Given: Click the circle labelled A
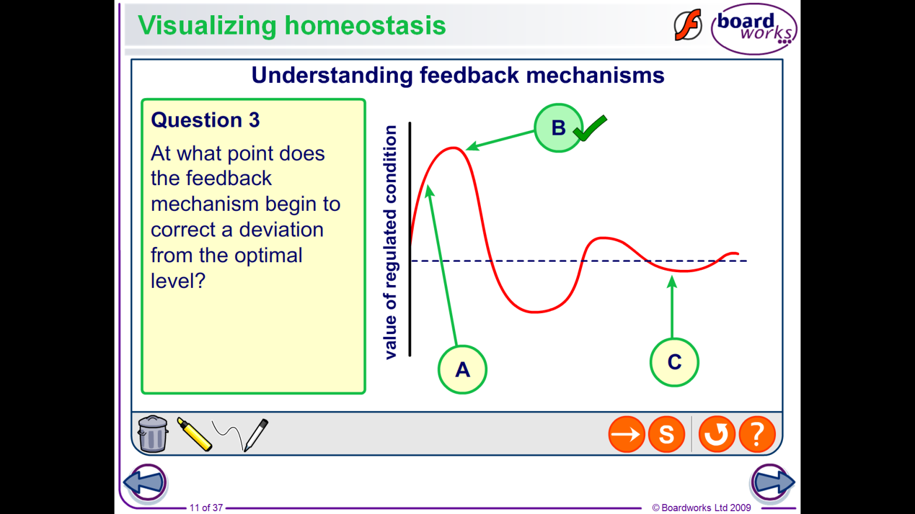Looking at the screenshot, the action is coord(462,370).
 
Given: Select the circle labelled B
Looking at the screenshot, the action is coord(558,128).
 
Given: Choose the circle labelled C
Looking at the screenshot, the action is coord(674,362).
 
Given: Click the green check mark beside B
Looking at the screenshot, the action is coord(590,128).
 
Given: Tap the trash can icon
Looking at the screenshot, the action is coord(152,433).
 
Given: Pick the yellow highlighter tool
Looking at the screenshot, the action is coord(195,434).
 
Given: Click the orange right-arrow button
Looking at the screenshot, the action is coord(626,434).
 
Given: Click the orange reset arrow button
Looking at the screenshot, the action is coord(716,434).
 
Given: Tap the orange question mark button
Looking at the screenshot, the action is coord(757,434).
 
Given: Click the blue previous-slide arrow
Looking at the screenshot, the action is coord(145,482).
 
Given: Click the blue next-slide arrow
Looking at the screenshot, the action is coord(772,482).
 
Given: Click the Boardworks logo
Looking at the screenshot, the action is coord(754,29).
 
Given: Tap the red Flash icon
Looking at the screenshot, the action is coord(688,25).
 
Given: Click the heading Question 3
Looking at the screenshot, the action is coord(205,120).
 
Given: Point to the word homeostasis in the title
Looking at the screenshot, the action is coord(365,25).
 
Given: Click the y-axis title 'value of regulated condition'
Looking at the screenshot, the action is coord(390,242).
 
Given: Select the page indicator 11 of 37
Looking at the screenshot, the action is coord(206,508).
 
